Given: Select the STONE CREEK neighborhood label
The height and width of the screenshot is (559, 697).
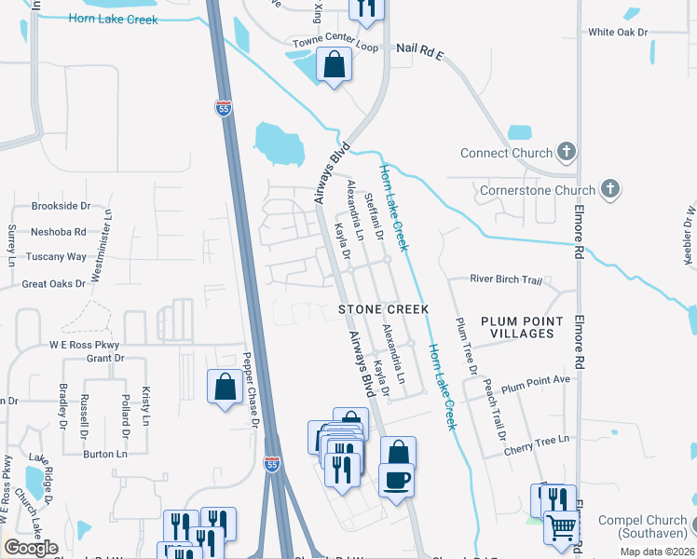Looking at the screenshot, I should coord(383,308).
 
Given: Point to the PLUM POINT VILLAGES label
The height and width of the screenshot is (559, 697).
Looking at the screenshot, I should coord(523,327).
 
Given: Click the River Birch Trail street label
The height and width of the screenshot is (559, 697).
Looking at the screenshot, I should coord(506,279).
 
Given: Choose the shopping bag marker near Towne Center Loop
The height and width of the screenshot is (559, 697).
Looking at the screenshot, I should coord(334,65).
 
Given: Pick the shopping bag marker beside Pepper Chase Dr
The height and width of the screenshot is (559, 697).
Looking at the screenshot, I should coord(225,387).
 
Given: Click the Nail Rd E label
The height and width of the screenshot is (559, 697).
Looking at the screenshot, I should coord(421,48).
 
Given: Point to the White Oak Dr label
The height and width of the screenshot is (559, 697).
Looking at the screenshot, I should coord(617,33).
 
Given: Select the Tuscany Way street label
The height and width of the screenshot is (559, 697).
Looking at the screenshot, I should coord(55,257).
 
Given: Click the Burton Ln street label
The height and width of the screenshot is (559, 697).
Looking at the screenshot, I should coord(104,454).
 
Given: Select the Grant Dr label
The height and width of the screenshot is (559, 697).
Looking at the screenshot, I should coord(104,359).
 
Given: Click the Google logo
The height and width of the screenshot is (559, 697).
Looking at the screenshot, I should coord(31,548).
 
